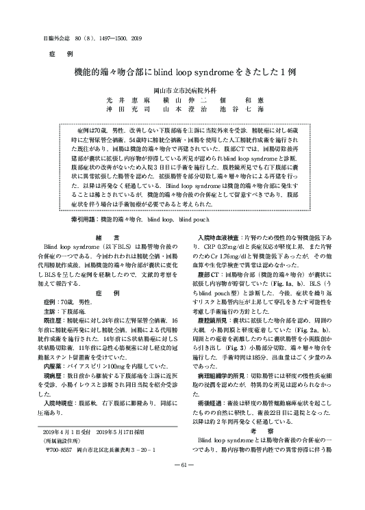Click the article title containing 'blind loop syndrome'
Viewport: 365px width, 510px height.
tap(181, 72)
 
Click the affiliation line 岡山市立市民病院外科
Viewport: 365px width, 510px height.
tap(182, 90)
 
